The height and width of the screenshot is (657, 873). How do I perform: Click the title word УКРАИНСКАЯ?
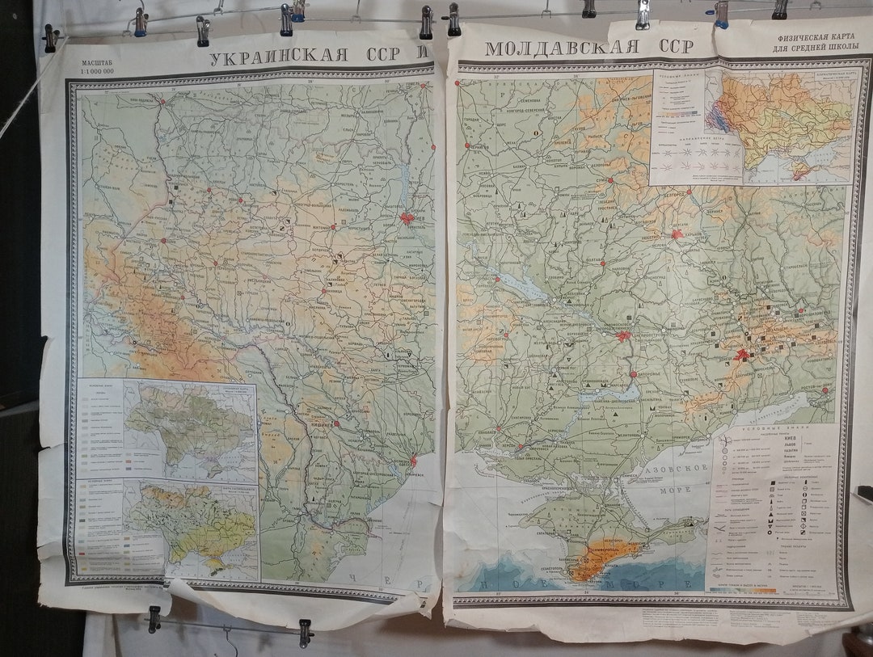279,57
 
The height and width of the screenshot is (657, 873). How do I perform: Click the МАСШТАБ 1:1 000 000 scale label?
93,66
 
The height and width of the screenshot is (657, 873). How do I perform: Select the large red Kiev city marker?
407,218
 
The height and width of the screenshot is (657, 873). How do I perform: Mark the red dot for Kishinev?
336,422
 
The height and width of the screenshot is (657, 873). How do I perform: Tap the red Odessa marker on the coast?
413,460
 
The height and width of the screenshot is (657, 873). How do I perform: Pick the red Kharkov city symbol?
677,234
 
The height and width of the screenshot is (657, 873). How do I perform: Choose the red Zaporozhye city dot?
633,373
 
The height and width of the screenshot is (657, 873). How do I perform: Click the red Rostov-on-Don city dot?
824,390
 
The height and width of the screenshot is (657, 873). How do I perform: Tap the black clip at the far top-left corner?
51,37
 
